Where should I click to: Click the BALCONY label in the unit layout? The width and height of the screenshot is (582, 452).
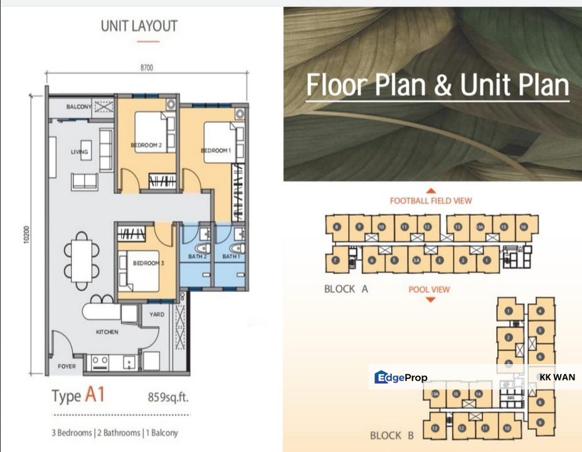click(x=79, y=107)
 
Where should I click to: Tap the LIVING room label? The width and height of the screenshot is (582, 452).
click(x=80, y=151)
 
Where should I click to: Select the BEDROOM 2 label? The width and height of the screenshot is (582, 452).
click(x=146, y=146)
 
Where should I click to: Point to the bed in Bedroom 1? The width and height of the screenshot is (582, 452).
click(x=220, y=143)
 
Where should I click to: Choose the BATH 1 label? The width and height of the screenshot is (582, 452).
click(x=230, y=257)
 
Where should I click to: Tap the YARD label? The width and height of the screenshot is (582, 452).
click(x=157, y=315)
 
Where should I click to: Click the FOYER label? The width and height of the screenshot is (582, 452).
click(x=66, y=366)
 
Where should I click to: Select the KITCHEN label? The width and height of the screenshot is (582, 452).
click(x=107, y=331)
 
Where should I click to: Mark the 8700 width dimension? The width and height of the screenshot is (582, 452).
click(x=147, y=67)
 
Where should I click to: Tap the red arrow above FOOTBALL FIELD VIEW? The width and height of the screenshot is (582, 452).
click(x=431, y=190)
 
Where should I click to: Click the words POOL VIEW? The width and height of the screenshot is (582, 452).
click(x=430, y=289)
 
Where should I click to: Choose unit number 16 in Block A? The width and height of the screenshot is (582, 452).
click(x=525, y=226)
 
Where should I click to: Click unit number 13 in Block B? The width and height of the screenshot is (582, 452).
click(x=435, y=428)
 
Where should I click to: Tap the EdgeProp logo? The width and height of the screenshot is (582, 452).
click(x=401, y=377)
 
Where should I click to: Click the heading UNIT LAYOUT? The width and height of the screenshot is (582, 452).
click(x=139, y=26)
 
